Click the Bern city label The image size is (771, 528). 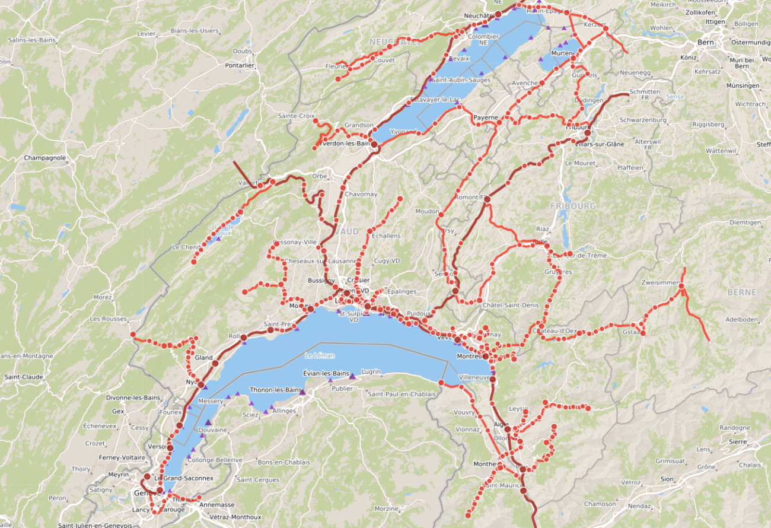pos(705,42)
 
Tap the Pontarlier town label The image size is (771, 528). pos(240,65)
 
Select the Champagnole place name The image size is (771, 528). pos(44,158)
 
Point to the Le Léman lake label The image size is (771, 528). pos(320,355)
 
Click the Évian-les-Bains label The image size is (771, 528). pos(326,373)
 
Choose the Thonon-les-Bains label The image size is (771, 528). pos(276,390)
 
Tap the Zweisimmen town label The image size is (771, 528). pos(660,283)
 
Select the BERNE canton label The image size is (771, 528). pos(741,292)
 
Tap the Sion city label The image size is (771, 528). pos(667,479)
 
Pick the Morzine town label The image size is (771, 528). pos(386,509)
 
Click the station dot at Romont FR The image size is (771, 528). pos(487,200)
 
